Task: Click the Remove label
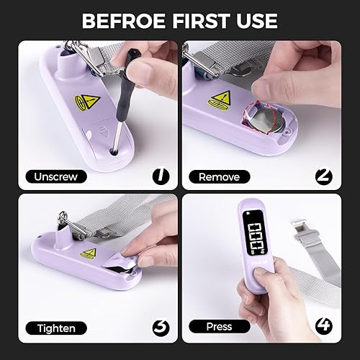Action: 219,176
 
